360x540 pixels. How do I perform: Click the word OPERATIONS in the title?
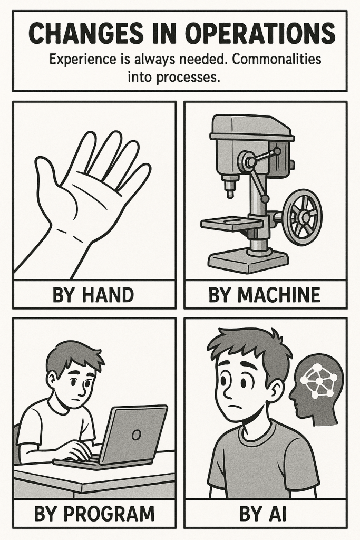click(260, 34)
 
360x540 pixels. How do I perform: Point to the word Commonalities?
click(277, 59)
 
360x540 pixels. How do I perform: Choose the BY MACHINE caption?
click(264, 295)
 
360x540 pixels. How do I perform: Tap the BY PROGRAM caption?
click(94, 514)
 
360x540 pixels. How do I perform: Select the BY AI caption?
click(262, 514)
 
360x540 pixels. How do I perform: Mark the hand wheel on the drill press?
click(303, 216)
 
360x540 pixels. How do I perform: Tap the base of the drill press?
click(248, 261)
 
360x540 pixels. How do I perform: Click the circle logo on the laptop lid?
click(137, 435)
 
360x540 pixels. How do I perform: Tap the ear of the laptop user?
click(51, 379)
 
